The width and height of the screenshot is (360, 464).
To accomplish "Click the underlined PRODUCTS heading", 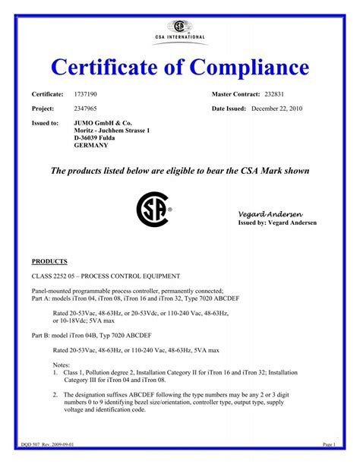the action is (49, 260).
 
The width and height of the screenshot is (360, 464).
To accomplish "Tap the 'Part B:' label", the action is (40, 335).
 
